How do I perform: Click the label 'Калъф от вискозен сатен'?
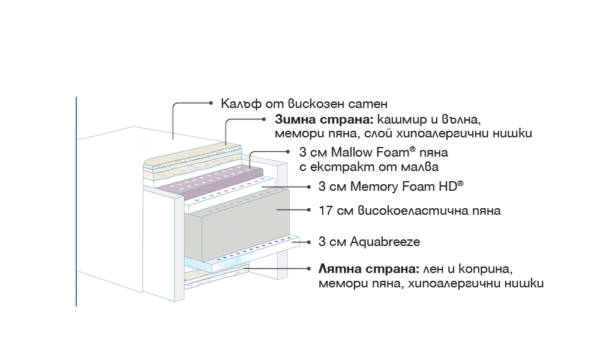[x=304, y=103]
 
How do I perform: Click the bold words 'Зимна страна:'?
[x=324, y=119]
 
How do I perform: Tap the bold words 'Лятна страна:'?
[x=369, y=269]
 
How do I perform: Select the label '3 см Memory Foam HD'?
[x=391, y=186]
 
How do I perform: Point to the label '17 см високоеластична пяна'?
[x=409, y=210]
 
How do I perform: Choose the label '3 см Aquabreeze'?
[x=369, y=242]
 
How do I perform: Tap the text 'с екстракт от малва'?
[x=369, y=167]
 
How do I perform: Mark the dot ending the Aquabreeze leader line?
[x=308, y=242]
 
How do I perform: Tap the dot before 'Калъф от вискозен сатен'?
[x=210, y=103]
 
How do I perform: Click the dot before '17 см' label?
[x=308, y=210]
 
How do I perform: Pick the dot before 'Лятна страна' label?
[x=308, y=269]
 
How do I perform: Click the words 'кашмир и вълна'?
[x=429, y=119]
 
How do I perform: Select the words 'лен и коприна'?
[x=468, y=269]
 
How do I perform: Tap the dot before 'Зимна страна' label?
[x=264, y=119]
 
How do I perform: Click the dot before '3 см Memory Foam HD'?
[x=308, y=187]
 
